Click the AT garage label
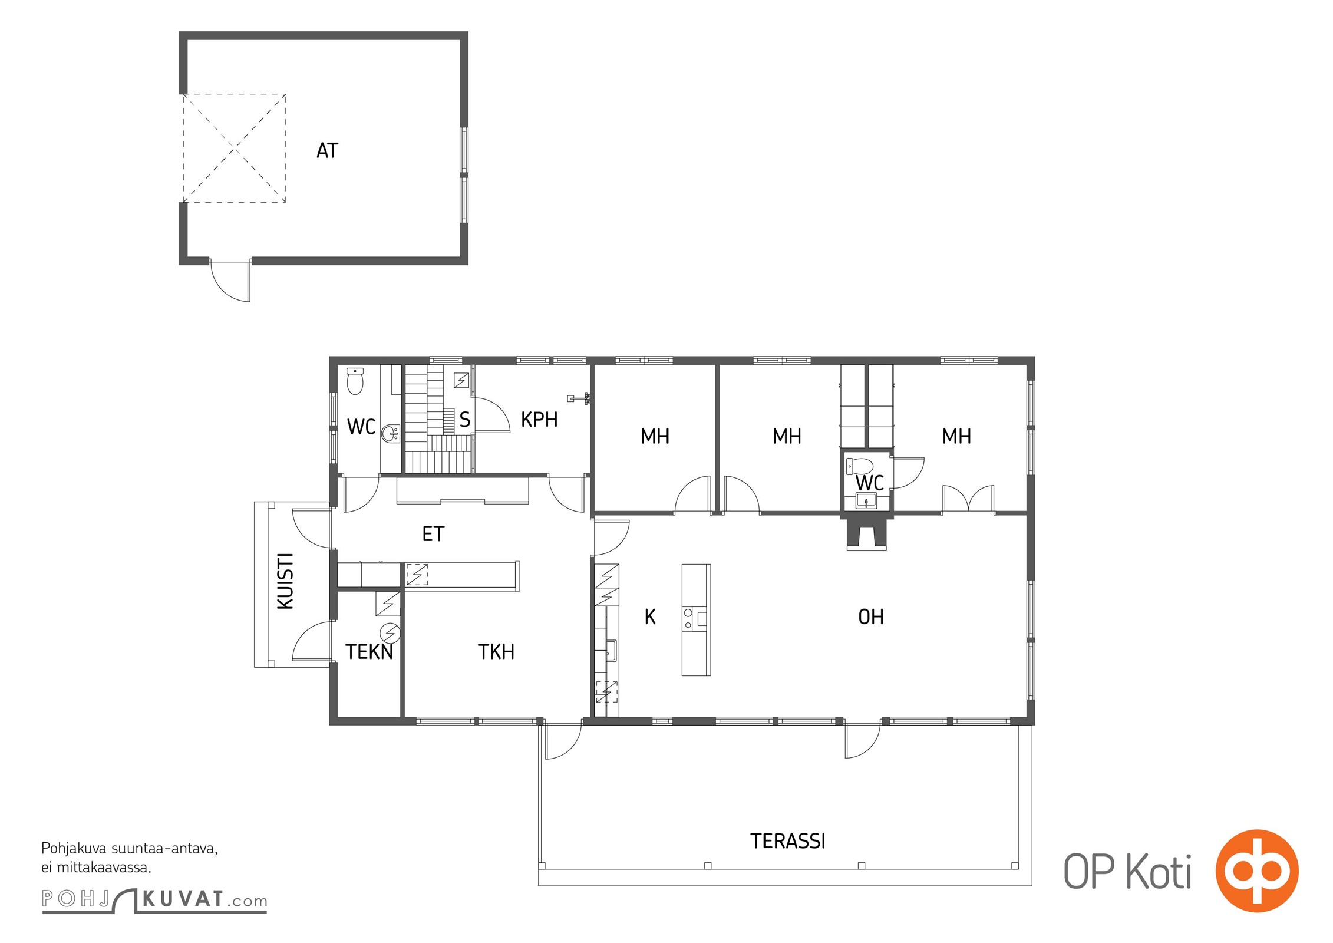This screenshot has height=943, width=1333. point(328,151)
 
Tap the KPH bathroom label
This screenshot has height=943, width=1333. point(539,420)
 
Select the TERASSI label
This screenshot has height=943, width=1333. point(788,841)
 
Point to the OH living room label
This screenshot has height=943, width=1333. point(871,617)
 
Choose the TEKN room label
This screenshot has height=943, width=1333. point(369,652)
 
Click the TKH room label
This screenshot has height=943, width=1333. point(496,652)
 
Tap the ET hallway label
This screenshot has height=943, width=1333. point(433,534)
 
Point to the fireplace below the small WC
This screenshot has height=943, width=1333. point(866,533)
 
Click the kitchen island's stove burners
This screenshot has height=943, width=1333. point(688,618)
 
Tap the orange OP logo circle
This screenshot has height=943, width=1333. point(1257,871)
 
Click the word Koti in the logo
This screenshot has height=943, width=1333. point(1159,872)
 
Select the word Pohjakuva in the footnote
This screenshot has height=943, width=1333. point(74,849)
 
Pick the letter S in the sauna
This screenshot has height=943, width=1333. point(465,420)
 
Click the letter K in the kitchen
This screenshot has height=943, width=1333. point(650,617)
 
